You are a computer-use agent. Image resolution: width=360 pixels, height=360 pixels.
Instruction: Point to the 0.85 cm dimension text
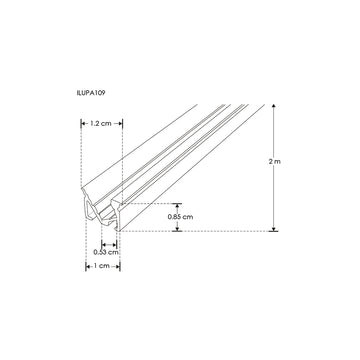pos(179,215)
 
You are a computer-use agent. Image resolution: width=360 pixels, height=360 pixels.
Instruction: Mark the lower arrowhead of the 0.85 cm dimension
pos(178,228)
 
